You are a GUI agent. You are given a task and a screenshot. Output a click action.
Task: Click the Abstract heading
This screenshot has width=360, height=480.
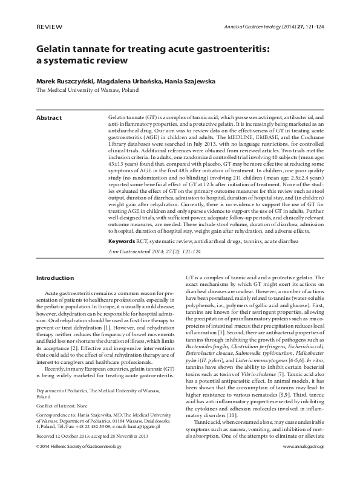tap(50, 117)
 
